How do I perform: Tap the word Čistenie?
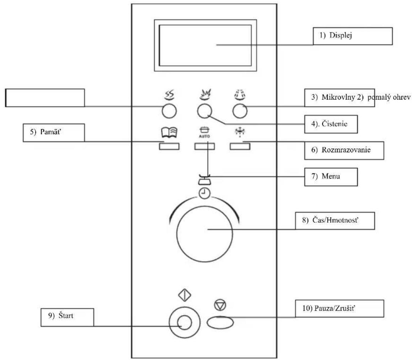click(335, 124)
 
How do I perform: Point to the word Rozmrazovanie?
click(346, 150)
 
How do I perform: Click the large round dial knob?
click(204, 234)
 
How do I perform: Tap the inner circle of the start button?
click(184, 322)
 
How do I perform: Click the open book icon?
click(169, 132)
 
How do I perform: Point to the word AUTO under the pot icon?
click(204, 136)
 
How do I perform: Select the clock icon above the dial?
click(204, 194)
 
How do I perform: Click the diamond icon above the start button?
click(185, 295)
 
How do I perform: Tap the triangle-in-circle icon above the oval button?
click(220, 305)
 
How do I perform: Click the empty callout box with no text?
click(45, 98)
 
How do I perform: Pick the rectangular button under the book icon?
click(169, 146)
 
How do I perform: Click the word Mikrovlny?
click(338, 97)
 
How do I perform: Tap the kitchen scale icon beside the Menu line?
click(204, 179)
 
